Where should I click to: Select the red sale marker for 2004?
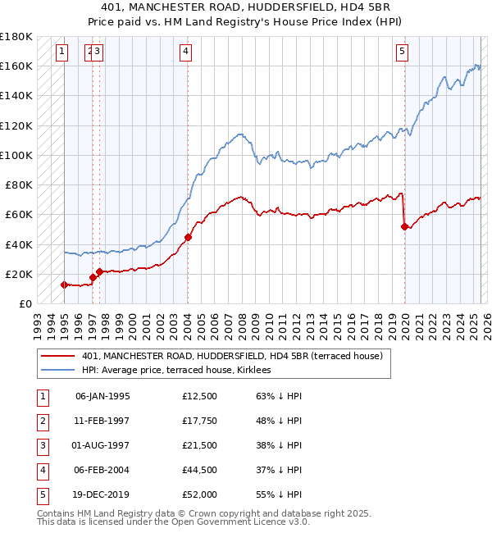pyautogui.click(x=188, y=238)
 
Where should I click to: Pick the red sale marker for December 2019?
pyautogui.click(x=404, y=226)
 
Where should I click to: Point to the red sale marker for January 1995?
pyautogui.click(x=64, y=285)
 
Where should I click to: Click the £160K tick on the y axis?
pyautogui.click(x=16, y=66)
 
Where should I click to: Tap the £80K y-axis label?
pyautogui.click(x=19, y=184)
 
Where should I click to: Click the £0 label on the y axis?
pyautogui.click(x=25, y=303)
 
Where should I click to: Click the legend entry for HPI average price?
pyautogui.click(x=182, y=370)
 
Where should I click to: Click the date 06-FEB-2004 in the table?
pyautogui.click(x=102, y=470)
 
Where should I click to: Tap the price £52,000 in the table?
pyautogui.click(x=200, y=494)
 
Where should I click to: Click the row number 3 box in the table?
pyautogui.click(x=41, y=445)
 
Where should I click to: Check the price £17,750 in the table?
pyautogui.click(x=200, y=421)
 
